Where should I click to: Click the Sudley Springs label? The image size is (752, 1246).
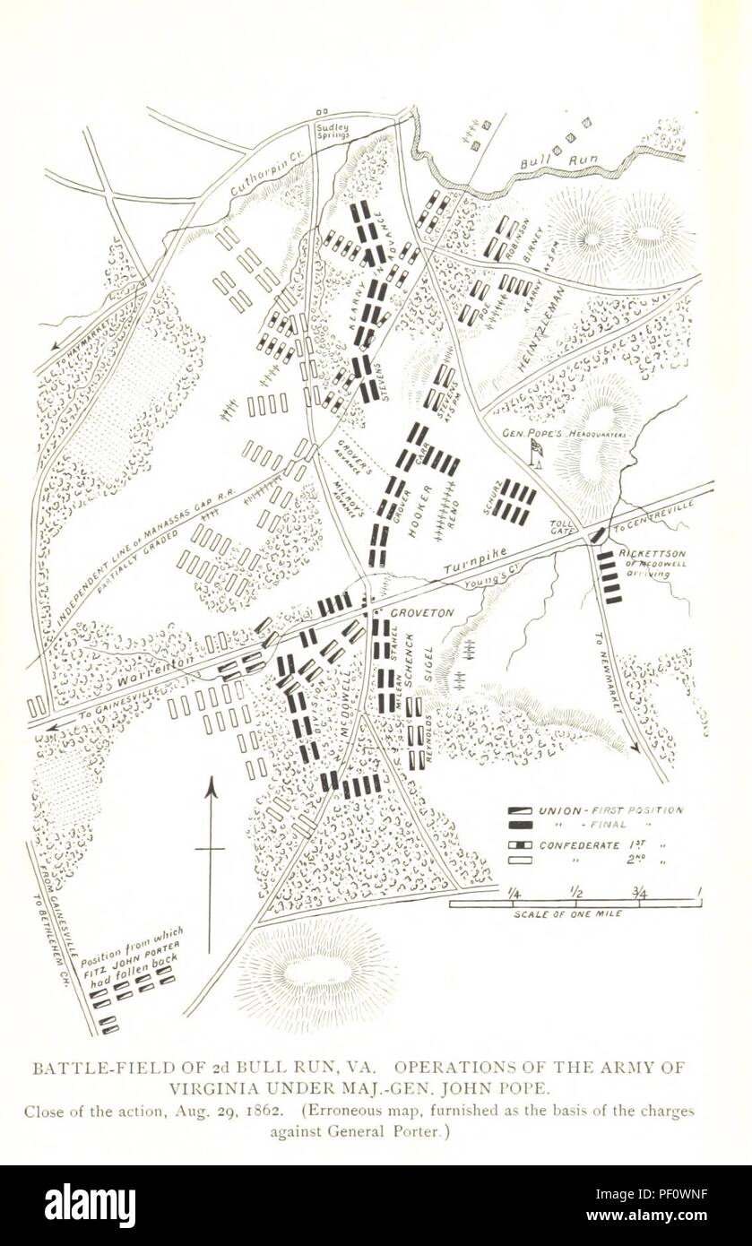[333, 132]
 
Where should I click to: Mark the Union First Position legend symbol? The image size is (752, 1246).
[520, 810]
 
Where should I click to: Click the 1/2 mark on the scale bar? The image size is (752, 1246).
[575, 892]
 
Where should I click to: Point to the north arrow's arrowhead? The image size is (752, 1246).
[211, 786]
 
